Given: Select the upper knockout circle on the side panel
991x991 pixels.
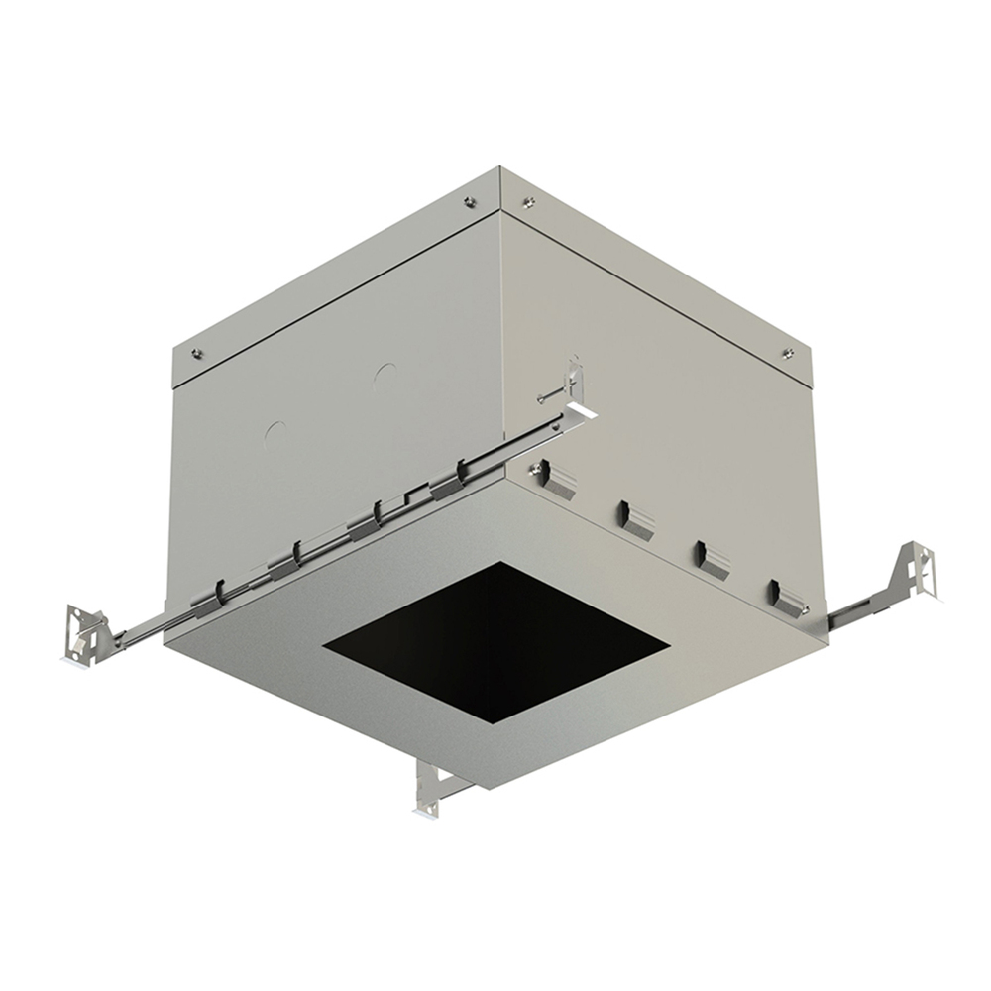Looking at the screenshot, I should coord(385,375).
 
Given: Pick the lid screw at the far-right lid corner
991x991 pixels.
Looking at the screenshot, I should coord(788,353).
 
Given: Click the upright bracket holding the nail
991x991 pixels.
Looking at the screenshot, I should coord(574,383).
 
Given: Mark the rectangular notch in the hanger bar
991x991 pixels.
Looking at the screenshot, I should coord(417,493).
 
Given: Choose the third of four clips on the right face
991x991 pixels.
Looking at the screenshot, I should coord(712,558).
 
